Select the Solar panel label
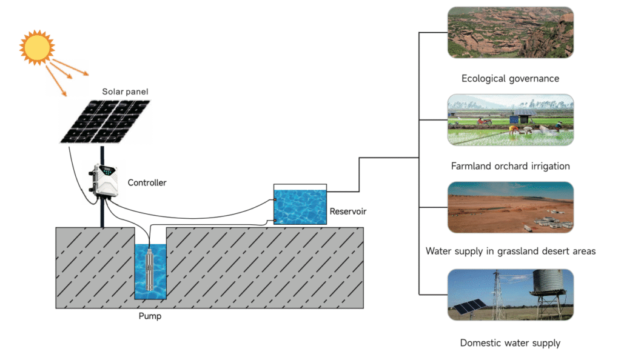coord(125,92)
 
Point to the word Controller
coord(147,182)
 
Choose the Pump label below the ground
coord(150,316)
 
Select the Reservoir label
coord(348,212)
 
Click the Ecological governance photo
coord(510,33)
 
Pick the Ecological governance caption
coord(510,79)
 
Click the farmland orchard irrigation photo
coord(510,119)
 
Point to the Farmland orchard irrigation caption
coord(510,166)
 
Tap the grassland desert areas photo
coord(510,207)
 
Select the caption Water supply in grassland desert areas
coord(510,251)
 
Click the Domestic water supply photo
coord(510,295)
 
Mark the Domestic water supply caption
coord(510,343)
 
